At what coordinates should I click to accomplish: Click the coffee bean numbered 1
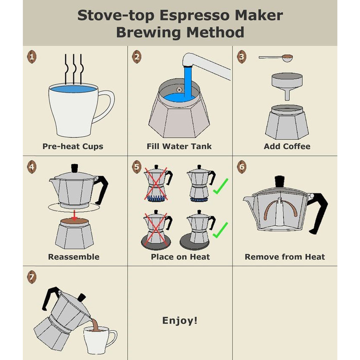pos(32,57)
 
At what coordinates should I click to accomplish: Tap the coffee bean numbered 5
pos(137,167)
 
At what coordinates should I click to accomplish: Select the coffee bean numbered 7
pos(32,277)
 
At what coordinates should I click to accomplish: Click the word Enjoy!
pos(180,320)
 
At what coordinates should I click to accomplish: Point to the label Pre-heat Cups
pos(73,147)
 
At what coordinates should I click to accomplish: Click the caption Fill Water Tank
pos(179,146)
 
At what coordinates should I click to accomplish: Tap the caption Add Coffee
pos(287,146)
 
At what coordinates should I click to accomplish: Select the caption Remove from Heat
pos(285,257)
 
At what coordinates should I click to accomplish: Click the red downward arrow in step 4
pos(74,215)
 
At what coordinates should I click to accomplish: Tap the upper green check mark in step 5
pos(220,186)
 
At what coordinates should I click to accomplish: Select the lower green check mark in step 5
pos(220,230)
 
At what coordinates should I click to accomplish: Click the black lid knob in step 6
pos(279,182)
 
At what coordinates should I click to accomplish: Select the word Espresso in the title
pos(194,15)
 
